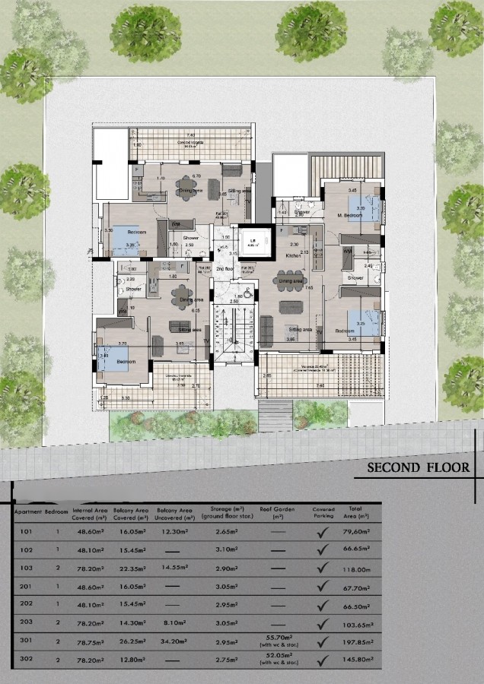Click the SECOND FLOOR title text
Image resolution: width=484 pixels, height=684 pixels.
click(x=419, y=467)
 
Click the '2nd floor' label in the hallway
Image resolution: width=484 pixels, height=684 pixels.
click(x=224, y=269)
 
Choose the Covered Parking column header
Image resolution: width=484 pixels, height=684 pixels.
click(x=323, y=512)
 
